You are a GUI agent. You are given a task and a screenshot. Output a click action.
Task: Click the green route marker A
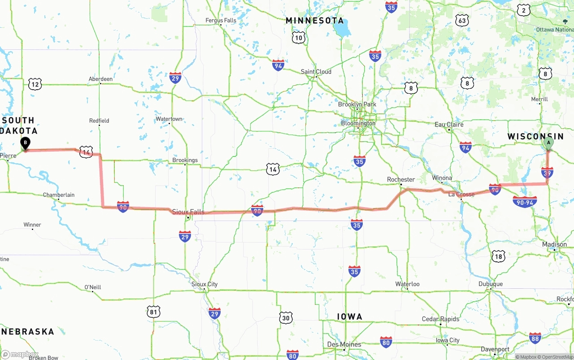(548, 143)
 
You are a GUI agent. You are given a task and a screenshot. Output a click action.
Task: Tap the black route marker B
(26, 143)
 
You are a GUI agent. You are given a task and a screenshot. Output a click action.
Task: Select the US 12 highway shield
(35, 83)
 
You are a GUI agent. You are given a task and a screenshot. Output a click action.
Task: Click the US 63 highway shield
(461, 20)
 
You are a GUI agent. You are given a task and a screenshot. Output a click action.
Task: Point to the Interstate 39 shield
(547, 172)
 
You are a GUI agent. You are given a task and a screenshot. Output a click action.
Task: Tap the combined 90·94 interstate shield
(525, 202)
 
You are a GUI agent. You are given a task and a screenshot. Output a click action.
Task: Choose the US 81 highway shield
(153, 312)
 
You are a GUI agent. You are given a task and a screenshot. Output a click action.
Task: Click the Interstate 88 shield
(535, 338)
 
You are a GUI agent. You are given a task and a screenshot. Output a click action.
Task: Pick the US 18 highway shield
(498, 256)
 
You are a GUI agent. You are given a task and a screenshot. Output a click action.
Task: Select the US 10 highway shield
(299, 38)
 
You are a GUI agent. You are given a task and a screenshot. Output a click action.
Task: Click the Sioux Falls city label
(188, 212)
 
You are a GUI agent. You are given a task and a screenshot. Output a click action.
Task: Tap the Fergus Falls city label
(221, 20)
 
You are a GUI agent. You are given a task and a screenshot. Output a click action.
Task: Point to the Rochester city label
(401, 179)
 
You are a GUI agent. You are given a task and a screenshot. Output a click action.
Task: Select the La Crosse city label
(461, 194)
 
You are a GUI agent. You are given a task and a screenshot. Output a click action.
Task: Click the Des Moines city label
(344, 344)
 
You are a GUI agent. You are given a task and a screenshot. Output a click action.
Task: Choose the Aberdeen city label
(100, 79)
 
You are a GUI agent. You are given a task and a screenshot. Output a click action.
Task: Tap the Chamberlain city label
(59, 195)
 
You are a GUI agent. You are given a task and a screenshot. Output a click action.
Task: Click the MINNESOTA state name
(315, 21)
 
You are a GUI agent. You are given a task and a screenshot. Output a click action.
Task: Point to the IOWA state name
(349, 317)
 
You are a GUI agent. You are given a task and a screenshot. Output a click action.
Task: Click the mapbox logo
(20, 354)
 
